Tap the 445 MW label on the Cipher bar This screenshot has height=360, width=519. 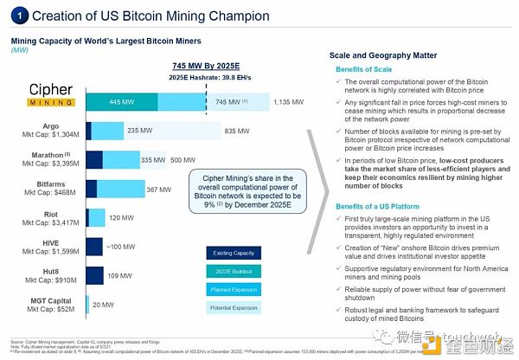122,102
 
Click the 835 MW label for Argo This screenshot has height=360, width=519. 237,131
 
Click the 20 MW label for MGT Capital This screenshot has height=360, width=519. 103,304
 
